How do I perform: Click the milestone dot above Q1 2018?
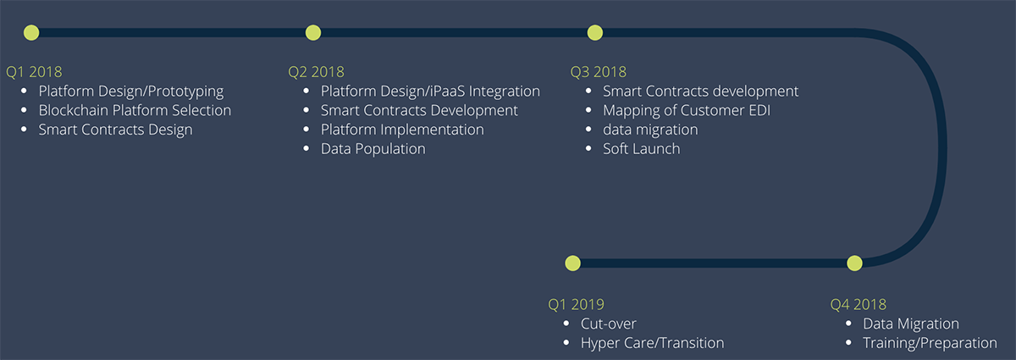pyautogui.click(x=31, y=33)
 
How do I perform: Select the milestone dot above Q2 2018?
pyautogui.click(x=313, y=33)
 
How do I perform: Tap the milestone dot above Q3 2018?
pyautogui.click(x=594, y=33)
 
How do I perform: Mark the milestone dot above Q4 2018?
pyautogui.click(x=854, y=263)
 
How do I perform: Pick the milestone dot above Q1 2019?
pyautogui.click(x=572, y=263)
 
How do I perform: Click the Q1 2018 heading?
pyautogui.click(x=34, y=72)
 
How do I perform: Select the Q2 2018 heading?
pyautogui.click(x=316, y=72)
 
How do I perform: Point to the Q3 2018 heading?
pyautogui.click(x=599, y=72)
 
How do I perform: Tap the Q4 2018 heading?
pyautogui.click(x=859, y=305)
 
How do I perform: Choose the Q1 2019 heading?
pyautogui.click(x=576, y=305)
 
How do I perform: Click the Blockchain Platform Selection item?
pyautogui.click(x=135, y=110)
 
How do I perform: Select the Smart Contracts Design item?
pyautogui.click(x=116, y=130)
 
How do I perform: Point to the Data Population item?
pyautogui.click(x=373, y=149)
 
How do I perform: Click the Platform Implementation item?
pyautogui.click(x=402, y=130)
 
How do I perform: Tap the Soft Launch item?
pyautogui.click(x=642, y=149)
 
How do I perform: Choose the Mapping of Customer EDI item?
pyautogui.click(x=687, y=111)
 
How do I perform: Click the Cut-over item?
pyautogui.click(x=609, y=324)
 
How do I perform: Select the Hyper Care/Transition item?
pyautogui.click(x=653, y=344)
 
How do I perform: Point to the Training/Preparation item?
pyautogui.click(x=930, y=344)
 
